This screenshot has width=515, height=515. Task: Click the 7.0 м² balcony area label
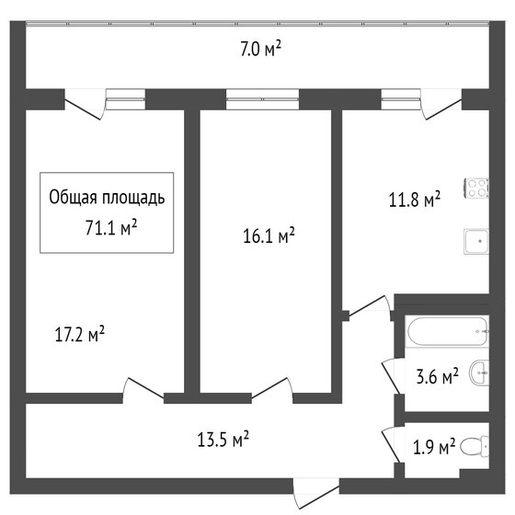click(x=261, y=49)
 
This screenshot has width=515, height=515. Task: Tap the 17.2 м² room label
click(x=80, y=334)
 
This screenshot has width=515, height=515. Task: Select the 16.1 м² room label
click(x=269, y=235)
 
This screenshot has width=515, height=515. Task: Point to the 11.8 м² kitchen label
click(x=415, y=199)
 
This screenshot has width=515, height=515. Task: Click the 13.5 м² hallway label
click(x=223, y=439)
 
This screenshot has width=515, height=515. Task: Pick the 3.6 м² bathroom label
click(x=437, y=376)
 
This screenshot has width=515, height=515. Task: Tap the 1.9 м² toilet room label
click(x=434, y=446)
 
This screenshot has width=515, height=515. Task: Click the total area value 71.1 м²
click(x=111, y=227)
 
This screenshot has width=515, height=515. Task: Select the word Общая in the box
click(x=73, y=198)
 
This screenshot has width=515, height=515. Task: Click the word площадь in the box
click(x=133, y=198)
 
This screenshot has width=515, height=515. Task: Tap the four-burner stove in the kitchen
click(x=476, y=188)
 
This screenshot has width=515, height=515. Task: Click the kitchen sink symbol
click(x=476, y=241)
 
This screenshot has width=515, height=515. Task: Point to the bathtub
click(x=448, y=331)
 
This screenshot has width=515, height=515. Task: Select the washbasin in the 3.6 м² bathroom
click(x=479, y=372)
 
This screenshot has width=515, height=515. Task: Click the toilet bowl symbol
click(x=475, y=446)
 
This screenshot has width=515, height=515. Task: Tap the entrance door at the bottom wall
click(x=316, y=496)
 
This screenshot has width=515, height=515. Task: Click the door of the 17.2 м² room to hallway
click(x=143, y=390)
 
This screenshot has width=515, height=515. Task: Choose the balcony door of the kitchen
click(x=441, y=105)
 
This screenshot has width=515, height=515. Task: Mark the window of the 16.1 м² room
click(x=262, y=99)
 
